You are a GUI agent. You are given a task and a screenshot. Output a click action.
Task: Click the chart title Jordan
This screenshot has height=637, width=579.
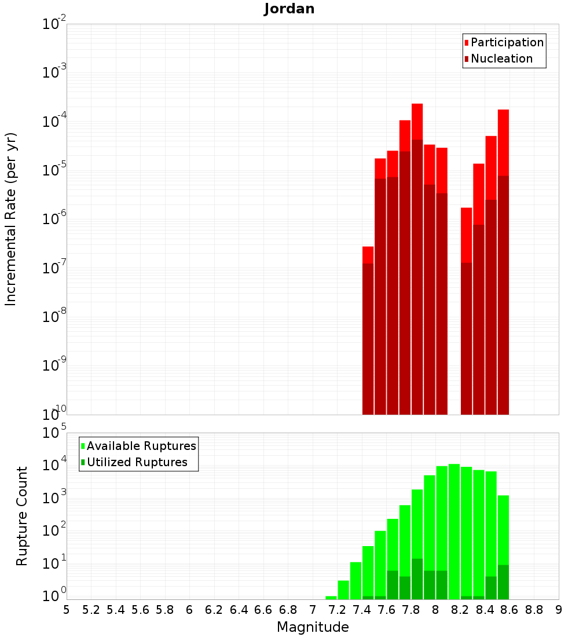(x=289, y=9)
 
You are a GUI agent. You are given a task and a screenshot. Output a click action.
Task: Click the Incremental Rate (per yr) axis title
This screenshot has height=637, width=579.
(x=11, y=219)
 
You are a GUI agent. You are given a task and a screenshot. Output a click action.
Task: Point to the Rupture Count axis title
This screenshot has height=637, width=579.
(x=22, y=516)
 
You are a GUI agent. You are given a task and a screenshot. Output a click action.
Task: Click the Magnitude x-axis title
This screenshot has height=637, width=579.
(x=313, y=627)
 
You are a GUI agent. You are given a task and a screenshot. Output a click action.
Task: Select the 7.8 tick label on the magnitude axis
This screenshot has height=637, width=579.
(x=411, y=610)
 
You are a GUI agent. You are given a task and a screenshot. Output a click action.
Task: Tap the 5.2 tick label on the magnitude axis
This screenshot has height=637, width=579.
(x=91, y=610)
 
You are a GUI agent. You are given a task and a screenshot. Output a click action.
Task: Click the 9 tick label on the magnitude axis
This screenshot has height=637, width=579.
(x=559, y=610)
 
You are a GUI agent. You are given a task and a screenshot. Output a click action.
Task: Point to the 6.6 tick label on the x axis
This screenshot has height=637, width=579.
(x=263, y=610)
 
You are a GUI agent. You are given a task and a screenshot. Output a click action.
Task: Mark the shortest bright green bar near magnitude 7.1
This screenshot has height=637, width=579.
(x=331, y=598)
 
